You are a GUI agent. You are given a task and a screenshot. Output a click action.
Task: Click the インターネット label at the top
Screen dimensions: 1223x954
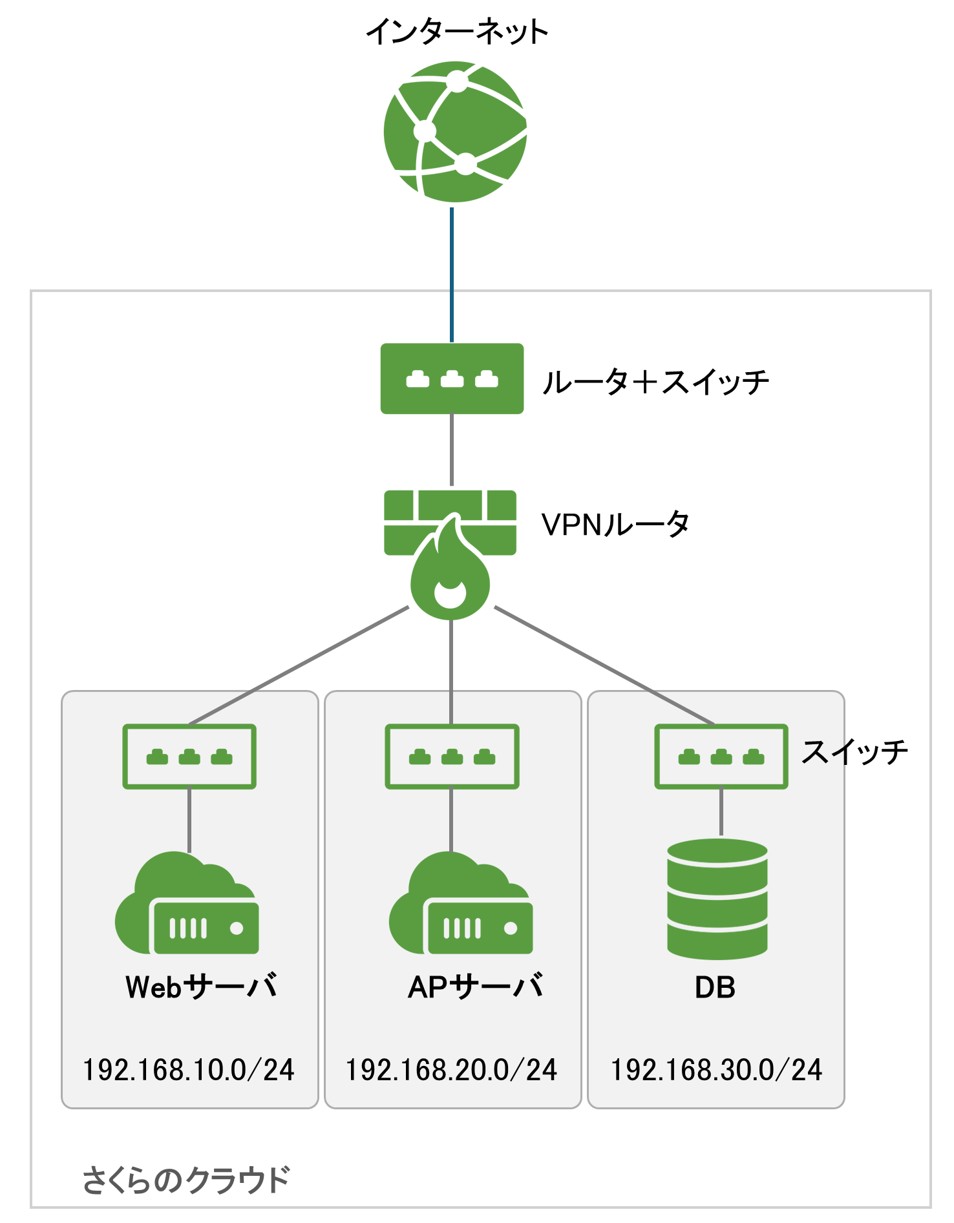[x=457, y=32]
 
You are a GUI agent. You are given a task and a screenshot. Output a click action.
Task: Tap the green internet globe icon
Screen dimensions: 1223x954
[x=455, y=132]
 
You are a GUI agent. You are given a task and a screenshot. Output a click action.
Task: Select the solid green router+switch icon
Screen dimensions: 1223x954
[x=452, y=379]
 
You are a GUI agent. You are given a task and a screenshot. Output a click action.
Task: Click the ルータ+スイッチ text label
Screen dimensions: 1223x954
[x=655, y=381]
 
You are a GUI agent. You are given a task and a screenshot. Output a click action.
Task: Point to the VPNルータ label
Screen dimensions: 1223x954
[x=615, y=524]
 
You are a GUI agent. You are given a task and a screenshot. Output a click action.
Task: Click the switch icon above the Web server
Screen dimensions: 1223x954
[x=189, y=757]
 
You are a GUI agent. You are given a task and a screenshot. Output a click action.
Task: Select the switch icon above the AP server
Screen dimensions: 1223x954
[x=452, y=757]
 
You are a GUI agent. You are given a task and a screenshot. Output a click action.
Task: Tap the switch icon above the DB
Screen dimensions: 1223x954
[x=721, y=757]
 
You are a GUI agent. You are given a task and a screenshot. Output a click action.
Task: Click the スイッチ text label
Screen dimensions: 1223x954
[x=854, y=752]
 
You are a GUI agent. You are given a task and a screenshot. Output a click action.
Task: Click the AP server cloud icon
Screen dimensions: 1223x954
[x=461, y=904]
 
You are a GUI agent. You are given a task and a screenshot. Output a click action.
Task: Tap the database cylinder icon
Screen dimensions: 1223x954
[x=717, y=899]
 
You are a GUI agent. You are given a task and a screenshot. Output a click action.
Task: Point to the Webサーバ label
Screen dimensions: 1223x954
[x=201, y=987]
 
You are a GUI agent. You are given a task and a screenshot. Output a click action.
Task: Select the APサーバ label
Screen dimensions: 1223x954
[x=475, y=987]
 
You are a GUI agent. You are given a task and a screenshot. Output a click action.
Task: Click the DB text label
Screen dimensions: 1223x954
[x=715, y=988]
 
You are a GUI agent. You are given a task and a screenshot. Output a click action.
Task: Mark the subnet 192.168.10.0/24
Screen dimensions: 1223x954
[x=189, y=1070]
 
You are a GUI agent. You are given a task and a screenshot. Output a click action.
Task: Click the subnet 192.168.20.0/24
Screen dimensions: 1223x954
[x=451, y=1070]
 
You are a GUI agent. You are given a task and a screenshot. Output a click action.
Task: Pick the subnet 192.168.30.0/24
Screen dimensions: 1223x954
[x=716, y=1070]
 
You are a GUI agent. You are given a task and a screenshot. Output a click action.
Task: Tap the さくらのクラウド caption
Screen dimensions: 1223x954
[x=186, y=1180]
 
